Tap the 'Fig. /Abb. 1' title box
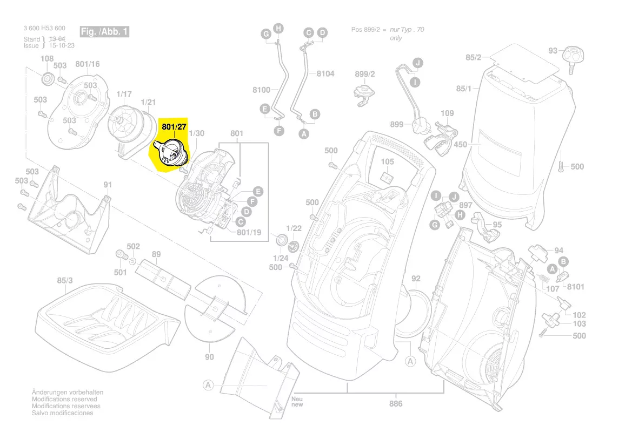104,32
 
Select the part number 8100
261,90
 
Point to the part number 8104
325,73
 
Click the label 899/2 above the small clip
365,74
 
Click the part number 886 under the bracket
396,403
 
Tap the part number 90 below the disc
209,357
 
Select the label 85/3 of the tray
64,280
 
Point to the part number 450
460,144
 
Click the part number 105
388,161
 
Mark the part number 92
416,279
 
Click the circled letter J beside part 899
417,63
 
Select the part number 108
47,59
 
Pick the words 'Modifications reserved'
64,399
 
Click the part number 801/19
249,233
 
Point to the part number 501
120,272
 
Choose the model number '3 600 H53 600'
44,28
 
